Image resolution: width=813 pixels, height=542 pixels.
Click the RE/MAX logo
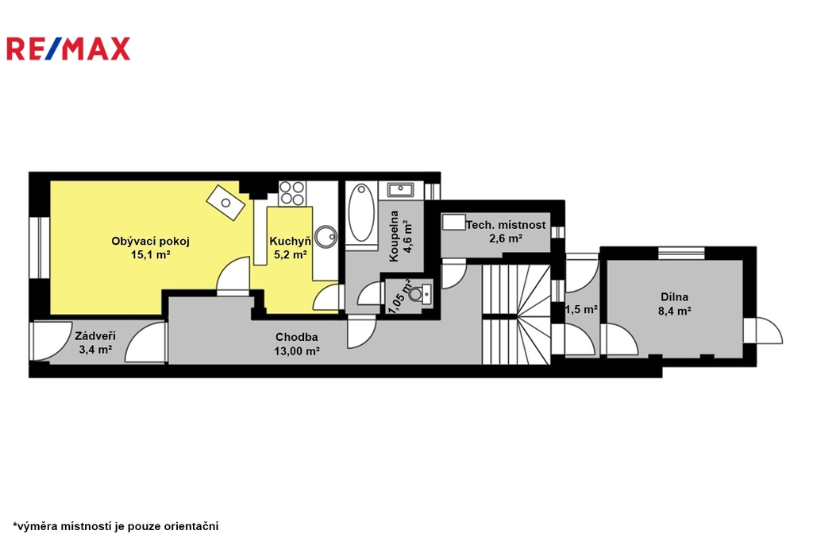coord(68,48)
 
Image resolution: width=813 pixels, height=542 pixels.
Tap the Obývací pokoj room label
coord(150,241)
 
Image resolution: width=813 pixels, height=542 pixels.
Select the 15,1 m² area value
coord(150,255)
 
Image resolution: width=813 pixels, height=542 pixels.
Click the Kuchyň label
coord(291,241)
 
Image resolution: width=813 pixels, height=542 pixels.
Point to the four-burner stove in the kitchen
coord(292,192)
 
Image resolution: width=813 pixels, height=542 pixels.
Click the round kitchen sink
coord(326,237)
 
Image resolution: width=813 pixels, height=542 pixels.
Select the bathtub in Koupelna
coord(361,213)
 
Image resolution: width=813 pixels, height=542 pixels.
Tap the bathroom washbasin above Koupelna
coord(400,189)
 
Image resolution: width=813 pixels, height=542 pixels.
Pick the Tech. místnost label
coord(506,226)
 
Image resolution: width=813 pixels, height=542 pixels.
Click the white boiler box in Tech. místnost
coord(453,222)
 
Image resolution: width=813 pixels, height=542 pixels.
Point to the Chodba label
coord(297,337)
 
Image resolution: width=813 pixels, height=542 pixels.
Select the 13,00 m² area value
coord(297,351)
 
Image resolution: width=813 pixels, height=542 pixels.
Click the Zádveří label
coord(95,336)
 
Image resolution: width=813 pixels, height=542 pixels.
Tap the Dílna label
coord(675,297)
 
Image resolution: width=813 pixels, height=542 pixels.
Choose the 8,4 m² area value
coord(675,311)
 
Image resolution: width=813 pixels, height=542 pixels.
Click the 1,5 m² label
coord(581,309)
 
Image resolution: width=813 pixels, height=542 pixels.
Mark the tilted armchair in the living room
coord(226,202)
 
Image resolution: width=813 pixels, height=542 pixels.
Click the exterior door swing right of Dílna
coord(763,330)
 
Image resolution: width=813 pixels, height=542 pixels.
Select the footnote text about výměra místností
coord(116,526)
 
